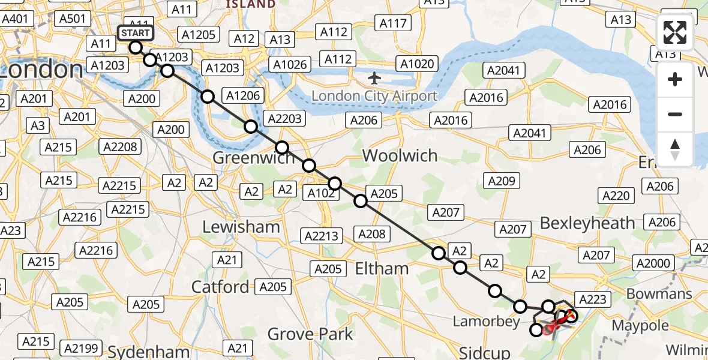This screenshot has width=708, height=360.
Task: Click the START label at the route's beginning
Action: coord(136,32)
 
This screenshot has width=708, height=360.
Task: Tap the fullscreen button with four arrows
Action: coord(675,32)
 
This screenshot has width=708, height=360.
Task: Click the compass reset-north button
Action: coord(675,149)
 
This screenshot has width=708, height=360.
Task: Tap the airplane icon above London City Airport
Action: coord(375,78)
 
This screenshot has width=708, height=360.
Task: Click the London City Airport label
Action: coord(374,96)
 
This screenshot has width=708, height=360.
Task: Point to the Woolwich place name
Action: coord(400,155)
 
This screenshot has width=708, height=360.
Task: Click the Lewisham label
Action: coord(241,227)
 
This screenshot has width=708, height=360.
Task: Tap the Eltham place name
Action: coord(382,268)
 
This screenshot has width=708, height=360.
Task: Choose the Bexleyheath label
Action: coord(587,223)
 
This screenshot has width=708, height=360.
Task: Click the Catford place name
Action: coord(220,287)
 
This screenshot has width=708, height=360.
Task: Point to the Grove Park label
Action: coord(310,334)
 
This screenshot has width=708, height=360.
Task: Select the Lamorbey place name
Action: coord(487,322)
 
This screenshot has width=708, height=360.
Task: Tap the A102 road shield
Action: coord(322,193)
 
